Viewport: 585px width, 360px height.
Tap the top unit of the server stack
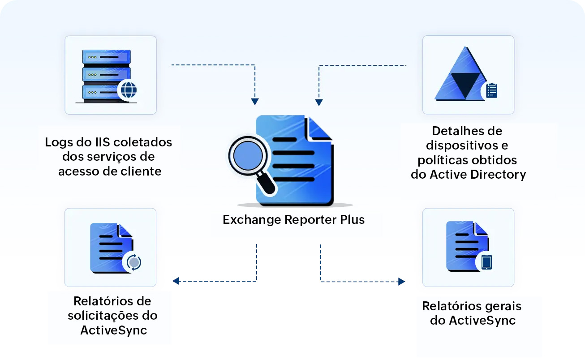coord(106,57)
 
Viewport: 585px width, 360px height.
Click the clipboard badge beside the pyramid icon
coord(491,90)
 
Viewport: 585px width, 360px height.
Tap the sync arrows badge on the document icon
coord(133,262)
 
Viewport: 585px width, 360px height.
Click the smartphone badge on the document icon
coord(486,262)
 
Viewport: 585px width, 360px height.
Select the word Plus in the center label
coord(351,220)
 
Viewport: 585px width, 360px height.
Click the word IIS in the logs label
coord(101,142)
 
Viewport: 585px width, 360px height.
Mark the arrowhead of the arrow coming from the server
coord(255,102)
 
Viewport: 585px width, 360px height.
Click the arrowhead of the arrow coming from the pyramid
coord(319,102)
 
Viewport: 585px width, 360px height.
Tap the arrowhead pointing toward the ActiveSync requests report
coord(176,281)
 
